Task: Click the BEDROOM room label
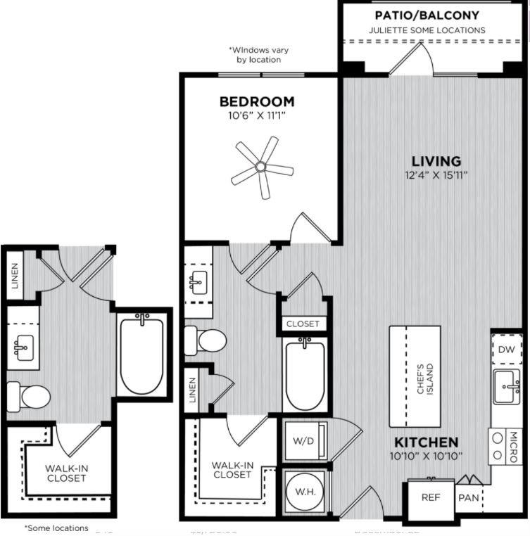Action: [x=256, y=101]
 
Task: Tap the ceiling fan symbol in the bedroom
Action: [x=260, y=167]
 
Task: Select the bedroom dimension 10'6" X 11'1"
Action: [x=256, y=115]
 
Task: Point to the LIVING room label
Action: [x=436, y=161]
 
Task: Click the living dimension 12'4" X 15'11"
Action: [x=436, y=174]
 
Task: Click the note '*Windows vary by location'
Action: [x=258, y=55]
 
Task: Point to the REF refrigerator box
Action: [x=430, y=497]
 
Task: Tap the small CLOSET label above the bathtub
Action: [x=303, y=324]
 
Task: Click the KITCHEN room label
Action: [x=426, y=442]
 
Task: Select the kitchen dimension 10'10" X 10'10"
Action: [x=427, y=456]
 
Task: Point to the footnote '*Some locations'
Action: [x=56, y=528]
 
